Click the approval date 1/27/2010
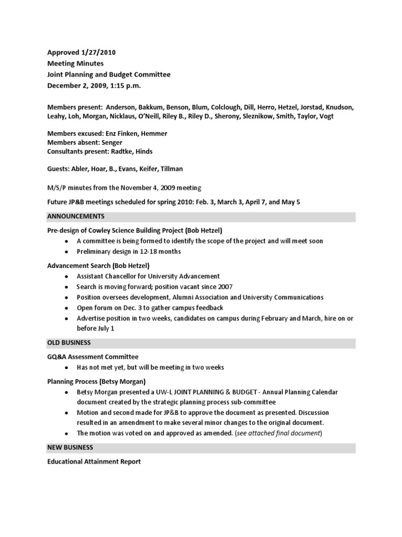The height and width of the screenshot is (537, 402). point(98,52)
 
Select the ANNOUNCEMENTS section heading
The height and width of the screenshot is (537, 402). point(76,216)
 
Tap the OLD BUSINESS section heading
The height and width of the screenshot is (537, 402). point(69,342)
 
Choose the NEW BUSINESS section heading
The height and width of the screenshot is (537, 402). point(70,447)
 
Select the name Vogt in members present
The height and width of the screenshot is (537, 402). point(325,116)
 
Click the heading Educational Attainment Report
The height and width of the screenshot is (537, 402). point(94,461)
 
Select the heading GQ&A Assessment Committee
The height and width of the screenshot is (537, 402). point(93,357)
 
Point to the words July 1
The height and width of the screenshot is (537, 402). point(103,328)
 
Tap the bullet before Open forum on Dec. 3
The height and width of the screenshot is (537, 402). point(65,308)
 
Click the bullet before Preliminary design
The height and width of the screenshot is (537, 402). point(65,252)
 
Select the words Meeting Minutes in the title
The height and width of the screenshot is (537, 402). point(75,63)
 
